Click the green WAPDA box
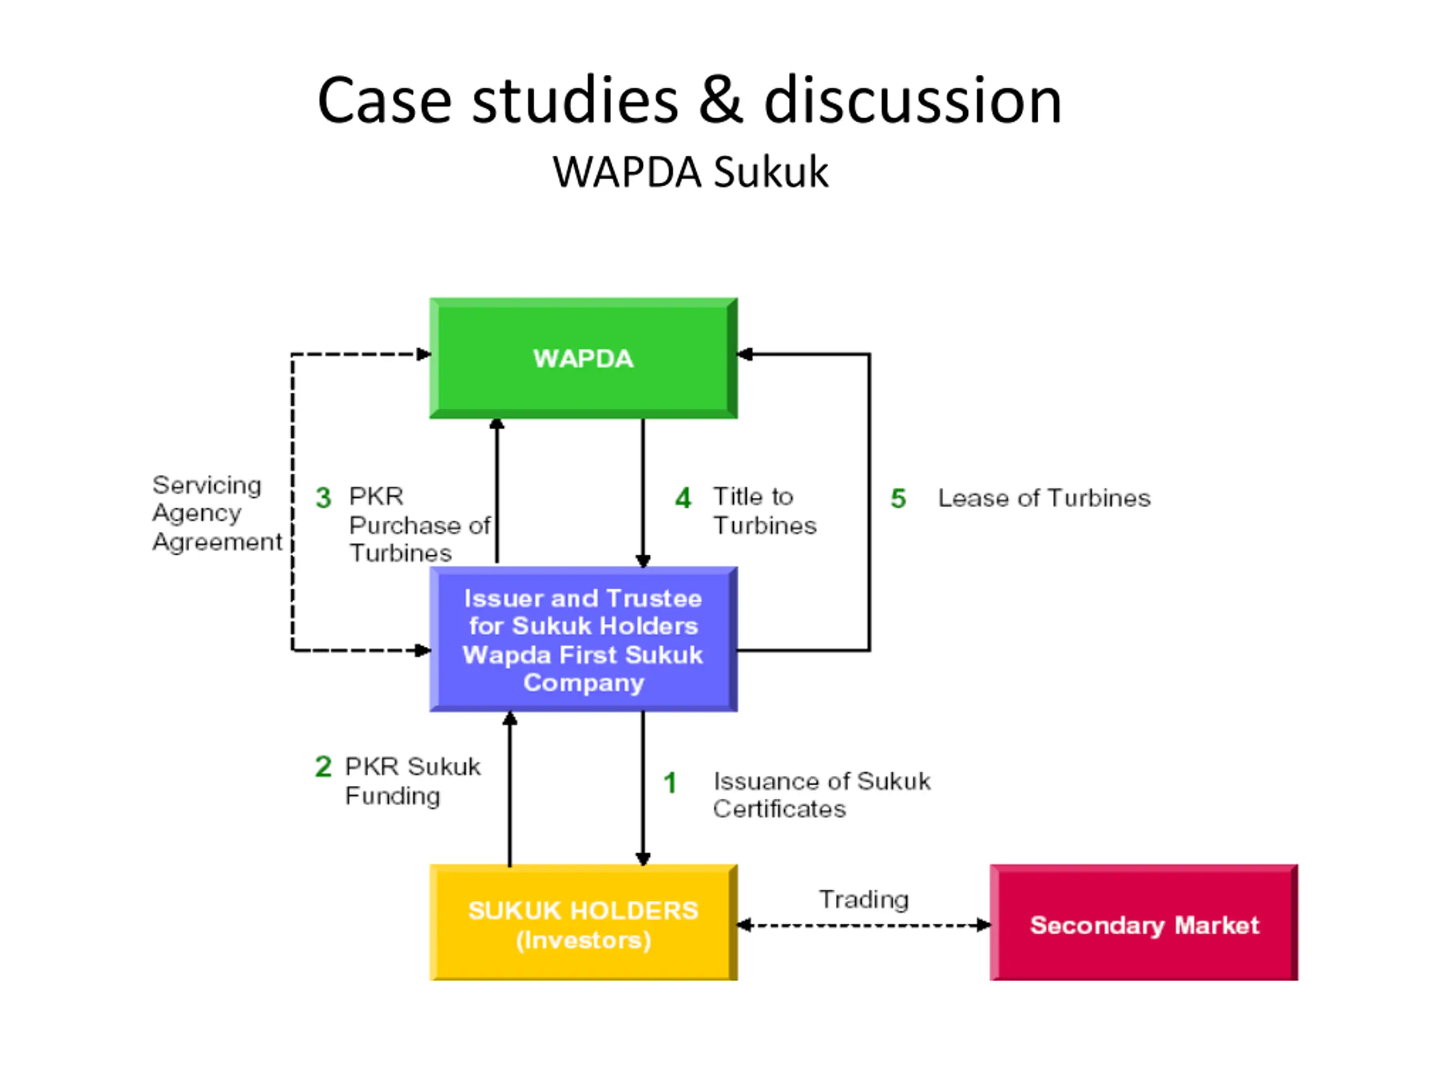click(583, 358)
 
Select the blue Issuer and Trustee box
click(583, 639)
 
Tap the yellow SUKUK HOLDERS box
click(583, 923)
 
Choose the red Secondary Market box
click(1144, 923)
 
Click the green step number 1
click(670, 782)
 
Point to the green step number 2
click(323, 766)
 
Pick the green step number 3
click(323, 497)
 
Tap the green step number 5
click(898, 498)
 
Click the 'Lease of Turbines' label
click(1044, 498)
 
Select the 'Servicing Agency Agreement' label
click(217, 514)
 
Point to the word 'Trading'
click(864, 899)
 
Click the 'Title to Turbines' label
click(765, 511)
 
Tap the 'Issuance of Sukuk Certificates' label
click(822, 795)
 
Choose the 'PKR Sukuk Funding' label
click(413, 781)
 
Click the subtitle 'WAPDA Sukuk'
click(690, 172)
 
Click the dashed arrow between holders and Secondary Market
click(864, 925)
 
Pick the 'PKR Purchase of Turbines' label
click(419, 525)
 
